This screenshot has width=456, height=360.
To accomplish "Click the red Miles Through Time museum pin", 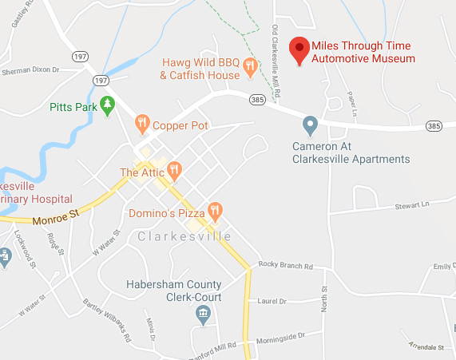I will coord(299,50).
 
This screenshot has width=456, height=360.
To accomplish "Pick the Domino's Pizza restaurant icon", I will coord(214,212).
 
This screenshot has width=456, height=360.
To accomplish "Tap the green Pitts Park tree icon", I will coord(107,104).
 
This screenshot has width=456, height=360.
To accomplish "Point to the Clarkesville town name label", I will coord(184,237).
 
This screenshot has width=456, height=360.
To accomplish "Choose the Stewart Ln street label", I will coord(411,205).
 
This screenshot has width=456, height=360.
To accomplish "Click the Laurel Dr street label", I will coord(272,302).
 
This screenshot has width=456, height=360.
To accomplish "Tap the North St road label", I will coord(324,300).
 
